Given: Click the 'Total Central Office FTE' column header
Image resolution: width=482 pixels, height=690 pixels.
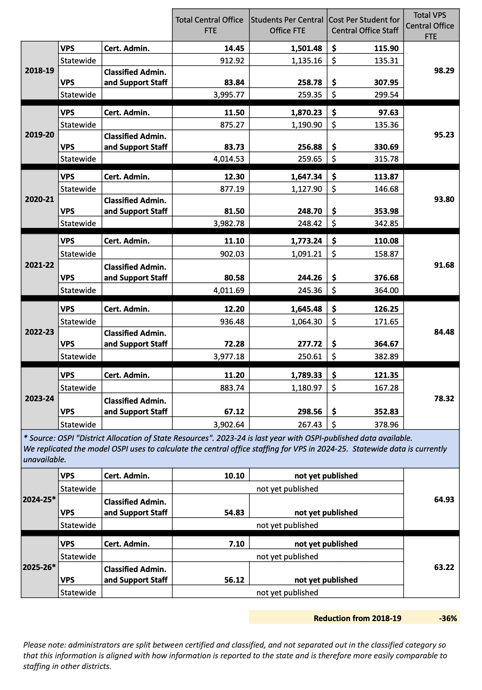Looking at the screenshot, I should tap(209, 25).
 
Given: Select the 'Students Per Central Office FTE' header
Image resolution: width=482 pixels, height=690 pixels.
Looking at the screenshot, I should tap(287, 25).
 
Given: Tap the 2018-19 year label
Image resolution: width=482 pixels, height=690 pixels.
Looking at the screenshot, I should tap(39, 71).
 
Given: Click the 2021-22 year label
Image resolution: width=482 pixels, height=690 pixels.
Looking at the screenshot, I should tap(39, 265).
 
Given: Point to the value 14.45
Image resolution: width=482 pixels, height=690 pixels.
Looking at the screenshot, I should tap(234, 48).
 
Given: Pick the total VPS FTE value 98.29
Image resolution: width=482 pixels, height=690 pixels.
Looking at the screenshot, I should tap(444, 71).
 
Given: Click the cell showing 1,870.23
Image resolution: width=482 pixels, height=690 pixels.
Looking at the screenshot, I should tap(306, 112).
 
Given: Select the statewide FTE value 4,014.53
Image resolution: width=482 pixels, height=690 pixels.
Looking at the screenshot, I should tap(229, 159).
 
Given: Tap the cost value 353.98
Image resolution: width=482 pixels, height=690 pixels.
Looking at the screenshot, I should tap(386, 211).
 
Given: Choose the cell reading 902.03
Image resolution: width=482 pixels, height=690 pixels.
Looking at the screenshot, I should tap(232, 254).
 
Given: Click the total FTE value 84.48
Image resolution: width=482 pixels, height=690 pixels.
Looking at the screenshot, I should tap(444, 332).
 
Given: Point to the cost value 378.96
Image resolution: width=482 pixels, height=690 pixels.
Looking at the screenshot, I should tap(386, 425).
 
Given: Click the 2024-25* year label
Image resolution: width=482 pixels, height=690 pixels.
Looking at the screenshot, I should tap(39, 499).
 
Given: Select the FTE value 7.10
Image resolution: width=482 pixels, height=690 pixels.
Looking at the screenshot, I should tap(236, 544).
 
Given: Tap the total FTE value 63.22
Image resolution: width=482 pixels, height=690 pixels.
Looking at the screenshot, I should tap(444, 567).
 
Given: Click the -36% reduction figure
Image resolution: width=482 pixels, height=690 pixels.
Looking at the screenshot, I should tap(448, 618).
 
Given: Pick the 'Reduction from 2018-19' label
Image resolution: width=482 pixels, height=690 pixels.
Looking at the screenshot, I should tap(357, 618).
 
